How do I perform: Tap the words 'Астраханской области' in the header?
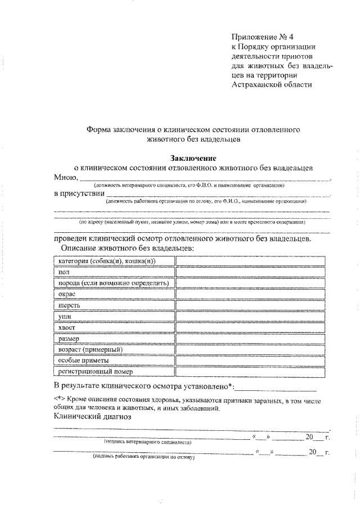click(271, 84)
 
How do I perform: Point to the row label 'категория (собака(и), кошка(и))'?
click(106, 261)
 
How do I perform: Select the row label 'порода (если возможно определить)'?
click(114, 283)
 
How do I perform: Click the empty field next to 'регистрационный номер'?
click(251, 372)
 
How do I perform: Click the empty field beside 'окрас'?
click(251, 294)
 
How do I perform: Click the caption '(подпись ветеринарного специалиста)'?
click(147, 442)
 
